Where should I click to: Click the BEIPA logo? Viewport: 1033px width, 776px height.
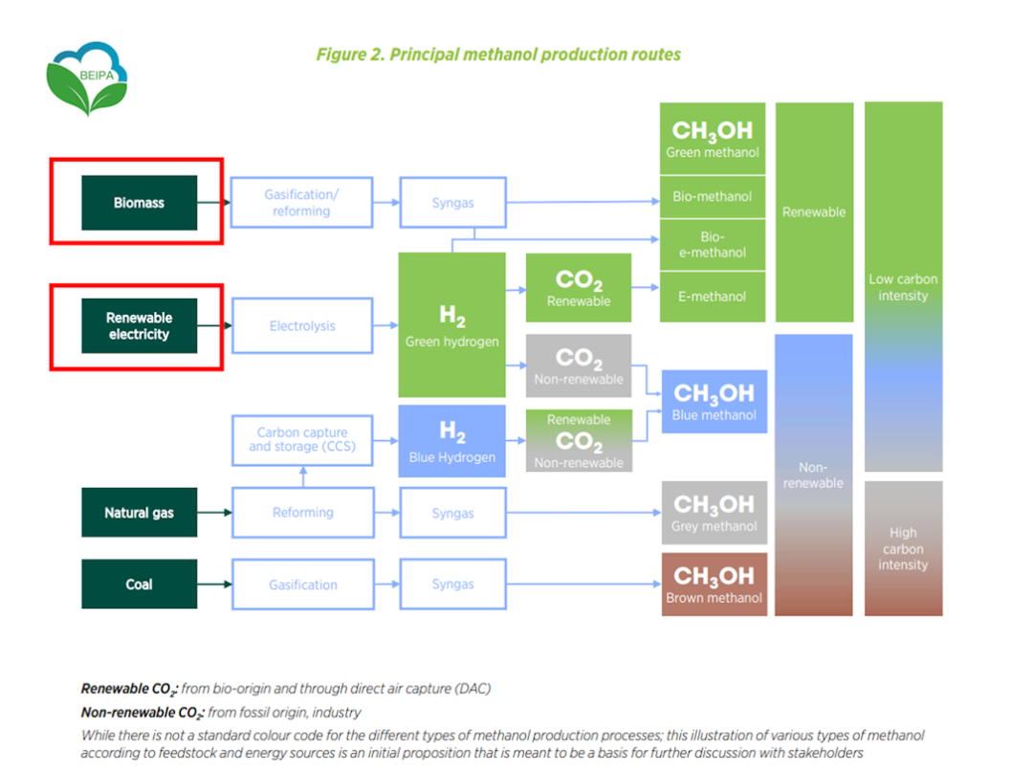87,78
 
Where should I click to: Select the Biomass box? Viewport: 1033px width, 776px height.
139,203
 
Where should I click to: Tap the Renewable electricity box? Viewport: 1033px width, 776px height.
139,326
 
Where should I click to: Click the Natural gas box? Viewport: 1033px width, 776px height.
139,513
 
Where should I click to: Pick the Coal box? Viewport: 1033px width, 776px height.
139,585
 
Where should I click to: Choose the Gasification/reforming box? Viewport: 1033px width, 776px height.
301,203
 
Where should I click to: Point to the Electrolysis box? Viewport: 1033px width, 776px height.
301,326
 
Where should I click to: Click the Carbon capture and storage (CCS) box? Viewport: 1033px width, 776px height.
301,440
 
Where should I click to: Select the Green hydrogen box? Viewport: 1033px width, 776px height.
451,325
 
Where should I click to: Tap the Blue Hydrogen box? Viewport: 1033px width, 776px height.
451,441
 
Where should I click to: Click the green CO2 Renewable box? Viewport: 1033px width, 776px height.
578,288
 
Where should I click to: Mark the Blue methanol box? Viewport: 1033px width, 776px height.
714,401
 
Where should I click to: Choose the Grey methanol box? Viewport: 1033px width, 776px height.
714,512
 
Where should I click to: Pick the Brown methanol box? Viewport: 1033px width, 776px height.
714,585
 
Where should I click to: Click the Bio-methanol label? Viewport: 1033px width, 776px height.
713,197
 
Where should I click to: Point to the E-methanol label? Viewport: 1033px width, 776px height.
713,297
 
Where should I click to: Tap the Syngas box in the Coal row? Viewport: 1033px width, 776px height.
452,585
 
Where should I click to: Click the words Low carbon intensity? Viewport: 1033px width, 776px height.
903,287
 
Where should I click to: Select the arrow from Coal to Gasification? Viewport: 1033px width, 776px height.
214,585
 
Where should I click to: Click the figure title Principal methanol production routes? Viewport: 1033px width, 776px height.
498,55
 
